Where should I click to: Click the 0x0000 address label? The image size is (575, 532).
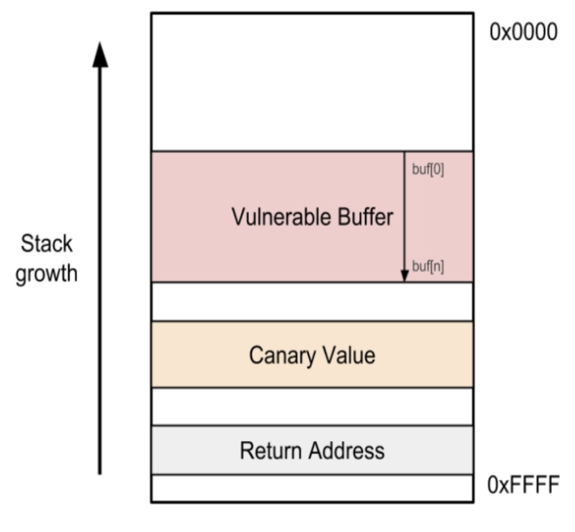[523, 33]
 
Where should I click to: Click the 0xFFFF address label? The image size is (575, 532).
[523, 485]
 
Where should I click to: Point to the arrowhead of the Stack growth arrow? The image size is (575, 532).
[100, 55]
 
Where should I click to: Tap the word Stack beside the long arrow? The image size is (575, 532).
[47, 245]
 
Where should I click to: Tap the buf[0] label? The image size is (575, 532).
[428, 170]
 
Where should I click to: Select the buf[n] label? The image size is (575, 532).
[428, 267]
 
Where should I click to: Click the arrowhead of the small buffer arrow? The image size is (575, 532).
[405, 276]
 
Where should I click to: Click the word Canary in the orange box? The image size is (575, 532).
[280, 355]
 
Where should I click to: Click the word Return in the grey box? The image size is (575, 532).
[268, 451]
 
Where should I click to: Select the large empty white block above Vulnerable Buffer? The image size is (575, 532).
[312, 82]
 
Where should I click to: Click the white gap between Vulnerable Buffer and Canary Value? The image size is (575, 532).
[312, 301]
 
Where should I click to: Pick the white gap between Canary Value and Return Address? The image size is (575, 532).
[312, 406]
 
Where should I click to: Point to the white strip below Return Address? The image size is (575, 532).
[312, 488]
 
